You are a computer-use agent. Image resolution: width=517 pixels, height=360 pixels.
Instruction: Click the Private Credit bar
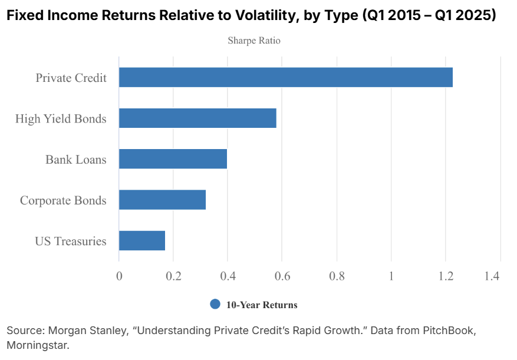point(285,77)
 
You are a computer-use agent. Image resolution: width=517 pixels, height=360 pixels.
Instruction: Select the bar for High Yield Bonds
point(197,118)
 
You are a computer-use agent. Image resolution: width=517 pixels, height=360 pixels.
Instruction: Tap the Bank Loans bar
point(173,159)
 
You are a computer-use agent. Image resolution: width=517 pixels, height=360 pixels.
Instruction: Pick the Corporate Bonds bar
point(162,200)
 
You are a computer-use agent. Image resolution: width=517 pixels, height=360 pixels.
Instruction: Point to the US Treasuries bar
point(142,240)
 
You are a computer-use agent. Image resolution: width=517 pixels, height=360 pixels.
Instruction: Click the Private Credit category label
point(71,78)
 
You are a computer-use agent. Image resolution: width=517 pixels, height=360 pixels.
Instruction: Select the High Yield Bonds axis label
point(61,119)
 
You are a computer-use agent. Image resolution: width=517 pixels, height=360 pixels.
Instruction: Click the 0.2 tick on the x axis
point(173,276)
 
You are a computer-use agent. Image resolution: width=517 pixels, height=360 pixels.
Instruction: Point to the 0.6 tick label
point(282,276)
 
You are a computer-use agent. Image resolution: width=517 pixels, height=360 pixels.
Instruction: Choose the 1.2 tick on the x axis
point(446,276)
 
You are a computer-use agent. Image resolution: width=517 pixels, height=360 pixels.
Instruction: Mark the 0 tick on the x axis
point(119,276)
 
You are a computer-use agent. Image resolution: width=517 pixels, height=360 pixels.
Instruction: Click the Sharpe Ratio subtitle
point(254,41)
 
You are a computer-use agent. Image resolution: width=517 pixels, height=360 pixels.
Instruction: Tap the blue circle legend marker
point(215,304)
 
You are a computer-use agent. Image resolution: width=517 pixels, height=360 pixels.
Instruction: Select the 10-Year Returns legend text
point(262,305)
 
